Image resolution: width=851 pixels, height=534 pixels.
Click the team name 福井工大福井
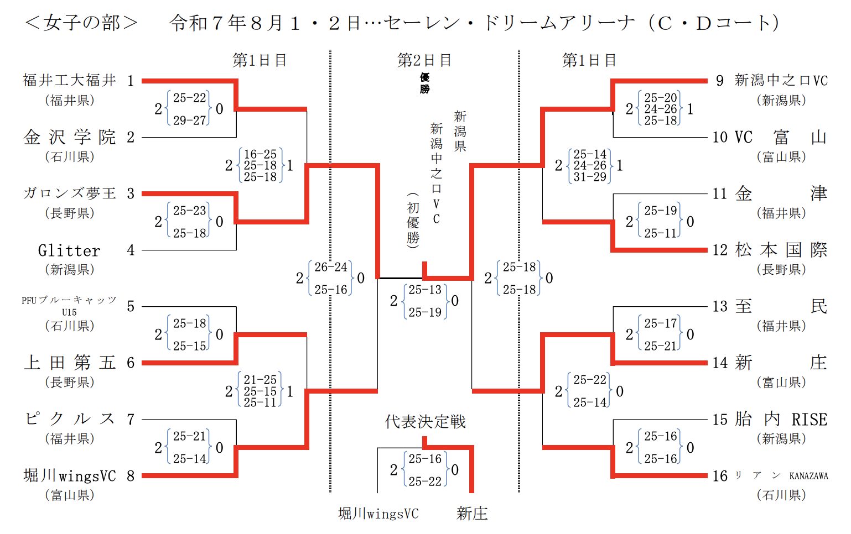(x=70, y=81)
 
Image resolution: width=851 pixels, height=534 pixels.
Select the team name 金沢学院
(x=70, y=137)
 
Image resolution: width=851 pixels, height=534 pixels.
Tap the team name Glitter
(x=70, y=250)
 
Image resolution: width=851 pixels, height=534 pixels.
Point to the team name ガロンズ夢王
(x=70, y=193)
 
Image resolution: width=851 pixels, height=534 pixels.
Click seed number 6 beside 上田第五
(x=131, y=363)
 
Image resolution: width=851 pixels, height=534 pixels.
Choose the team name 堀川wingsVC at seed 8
(x=70, y=476)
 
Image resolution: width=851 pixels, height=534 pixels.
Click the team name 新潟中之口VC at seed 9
(x=781, y=81)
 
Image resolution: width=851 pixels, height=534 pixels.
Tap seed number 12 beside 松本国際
(x=720, y=250)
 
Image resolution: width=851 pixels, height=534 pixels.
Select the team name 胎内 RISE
(x=781, y=420)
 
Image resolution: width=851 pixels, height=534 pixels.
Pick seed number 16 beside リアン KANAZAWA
(x=720, y=476)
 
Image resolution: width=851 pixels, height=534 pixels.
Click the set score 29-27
(x=189, y=120)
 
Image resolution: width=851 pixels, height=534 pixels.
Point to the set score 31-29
(x=590, y=177)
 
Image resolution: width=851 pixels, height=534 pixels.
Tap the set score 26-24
(x=331, y=267)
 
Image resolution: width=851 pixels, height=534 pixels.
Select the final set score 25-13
(x=425, y=290)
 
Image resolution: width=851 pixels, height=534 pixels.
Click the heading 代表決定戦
(x=425, y=422)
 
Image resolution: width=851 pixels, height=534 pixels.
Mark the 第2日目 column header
(x=424, y=60)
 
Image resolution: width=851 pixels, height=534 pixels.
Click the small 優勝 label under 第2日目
(x=424, y=83)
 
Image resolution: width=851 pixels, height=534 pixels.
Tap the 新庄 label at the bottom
(x=472, y=514)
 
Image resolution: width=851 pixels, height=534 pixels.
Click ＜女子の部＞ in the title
(x=81, y=23)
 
